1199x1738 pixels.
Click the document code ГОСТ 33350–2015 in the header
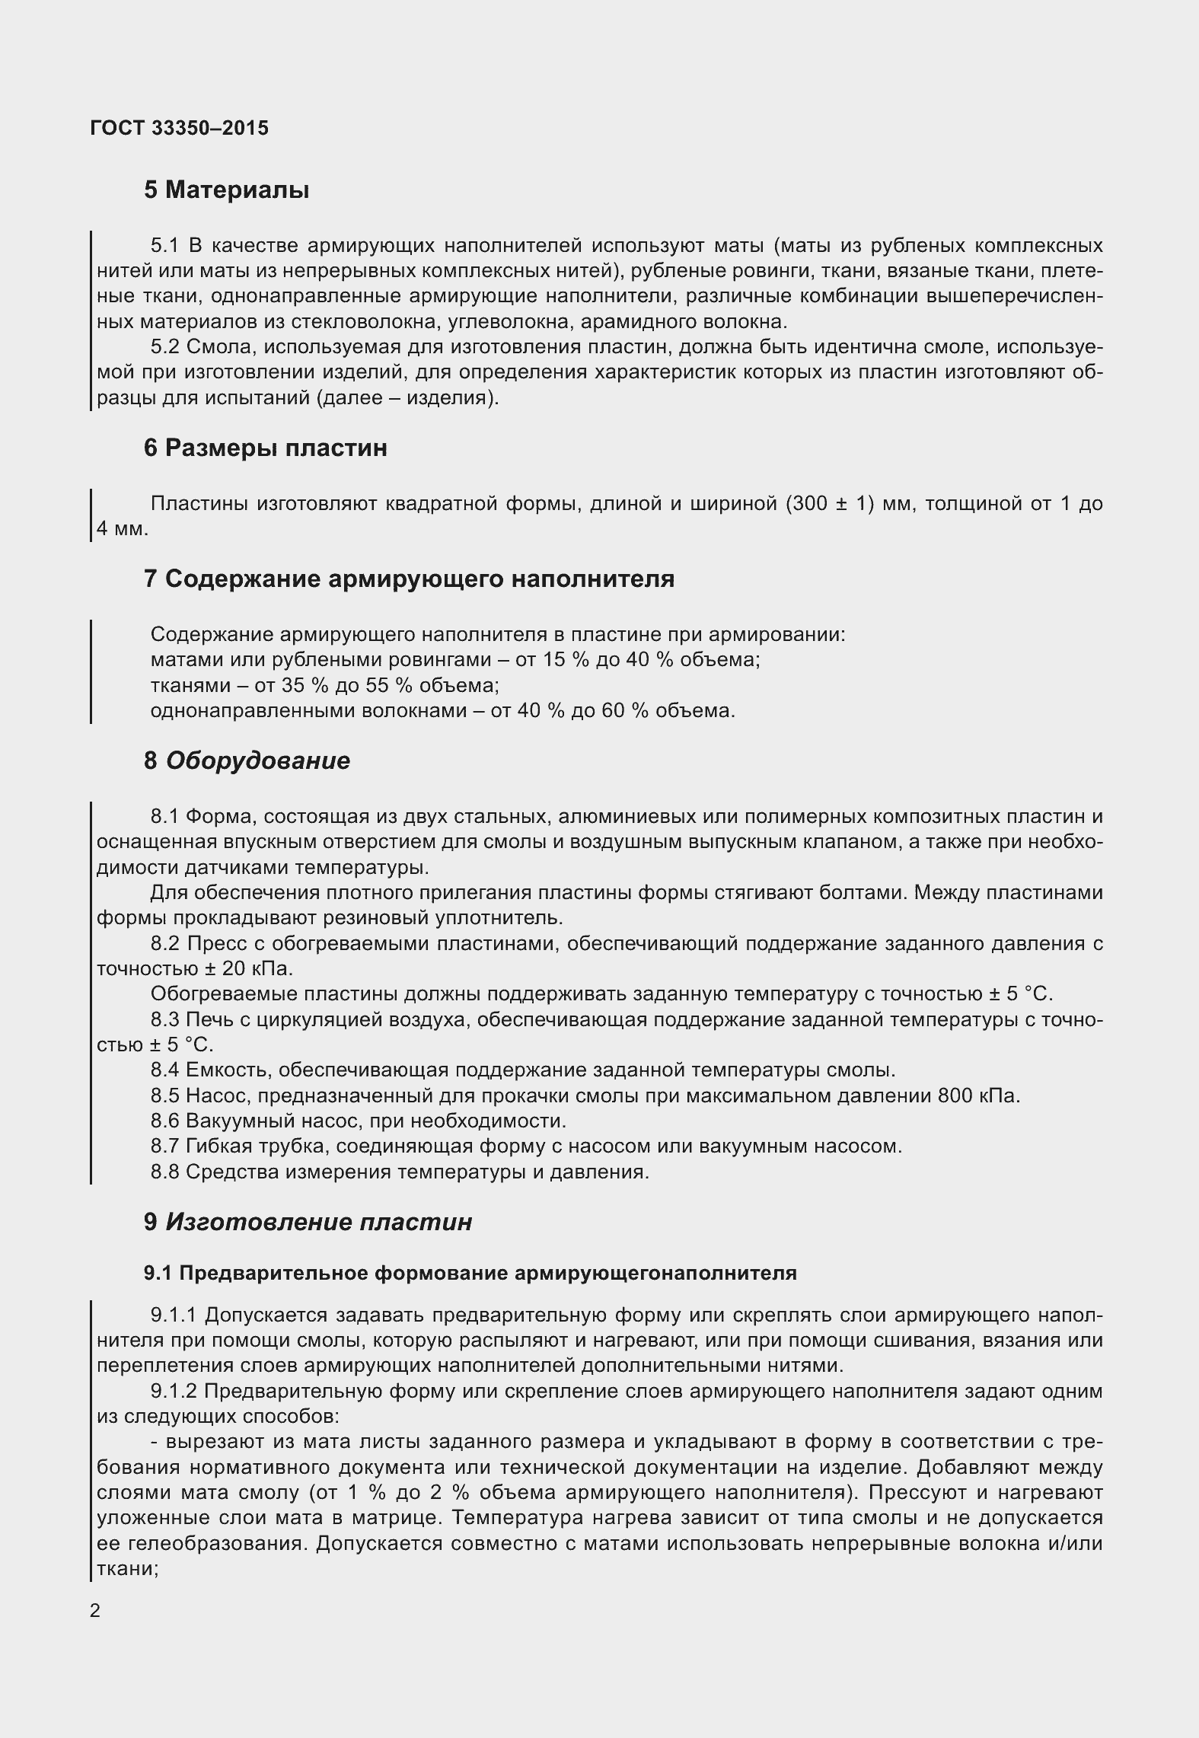pyautogui.click(x=179, y=129)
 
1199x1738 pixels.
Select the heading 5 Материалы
pyautogui.click(x=226, y=190)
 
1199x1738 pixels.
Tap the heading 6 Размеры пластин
pyautogui.click(x=265, y=448)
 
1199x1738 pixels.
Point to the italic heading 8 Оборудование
pyautogui.click(x=247, y=761)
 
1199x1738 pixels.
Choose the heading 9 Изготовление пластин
pyautogui.click(x=308, y=1222)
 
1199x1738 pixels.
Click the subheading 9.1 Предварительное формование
pyautogui.click(x=470, y=1273)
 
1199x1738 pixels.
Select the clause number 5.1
pyautogui.click(x=164, y=246)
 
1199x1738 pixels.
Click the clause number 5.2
pyautogui.click(x=164, y=347)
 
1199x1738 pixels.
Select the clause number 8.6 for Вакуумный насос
pyautogui.click(x=164, y=1121)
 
